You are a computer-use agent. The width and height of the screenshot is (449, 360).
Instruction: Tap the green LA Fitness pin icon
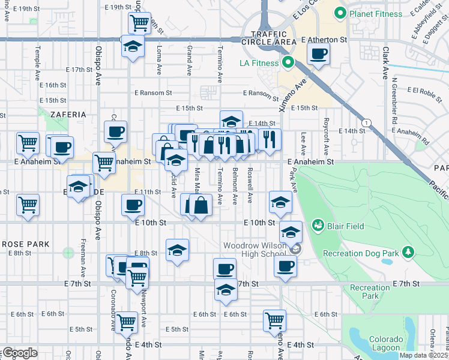pyautogui.click(x=288, y=62)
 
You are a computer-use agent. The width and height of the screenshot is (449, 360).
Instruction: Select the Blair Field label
pyautogui.click(x=346, y=226)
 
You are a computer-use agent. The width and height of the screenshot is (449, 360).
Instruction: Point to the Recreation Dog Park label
pyautogui.click(x=361, y=253)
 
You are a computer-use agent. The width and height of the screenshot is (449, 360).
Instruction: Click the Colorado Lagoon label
pyautogui.click(x=385, y=343)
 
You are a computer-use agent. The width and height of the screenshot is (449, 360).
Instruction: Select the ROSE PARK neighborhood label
pyautogui.click(x=25, y=244)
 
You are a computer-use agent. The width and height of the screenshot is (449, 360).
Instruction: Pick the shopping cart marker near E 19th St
pyautogui.click(x=139, y=23)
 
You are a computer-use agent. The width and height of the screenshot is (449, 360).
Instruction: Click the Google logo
pyautogui.click(x=20, y=352)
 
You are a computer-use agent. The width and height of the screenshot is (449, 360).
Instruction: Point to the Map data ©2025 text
pyautogui.click(x=424, y=355)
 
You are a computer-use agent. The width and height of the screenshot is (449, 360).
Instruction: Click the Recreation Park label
pyautogui.click(x=370, y=292)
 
